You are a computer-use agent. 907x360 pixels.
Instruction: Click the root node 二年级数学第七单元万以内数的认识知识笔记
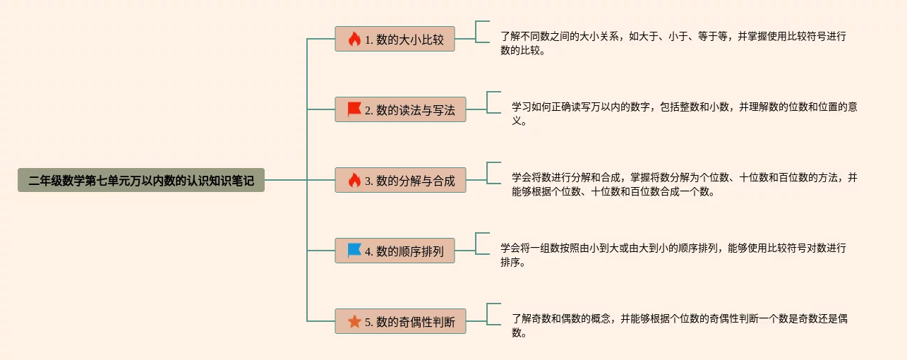(141, 180)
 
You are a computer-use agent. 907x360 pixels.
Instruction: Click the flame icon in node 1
(354, 39)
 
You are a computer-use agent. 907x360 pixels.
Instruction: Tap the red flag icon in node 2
(354, 109)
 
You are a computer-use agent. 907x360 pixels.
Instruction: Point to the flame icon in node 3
(354, 180)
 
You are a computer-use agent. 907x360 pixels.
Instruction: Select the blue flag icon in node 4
(354, 251)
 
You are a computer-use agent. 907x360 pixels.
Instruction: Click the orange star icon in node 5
(354, 321)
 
